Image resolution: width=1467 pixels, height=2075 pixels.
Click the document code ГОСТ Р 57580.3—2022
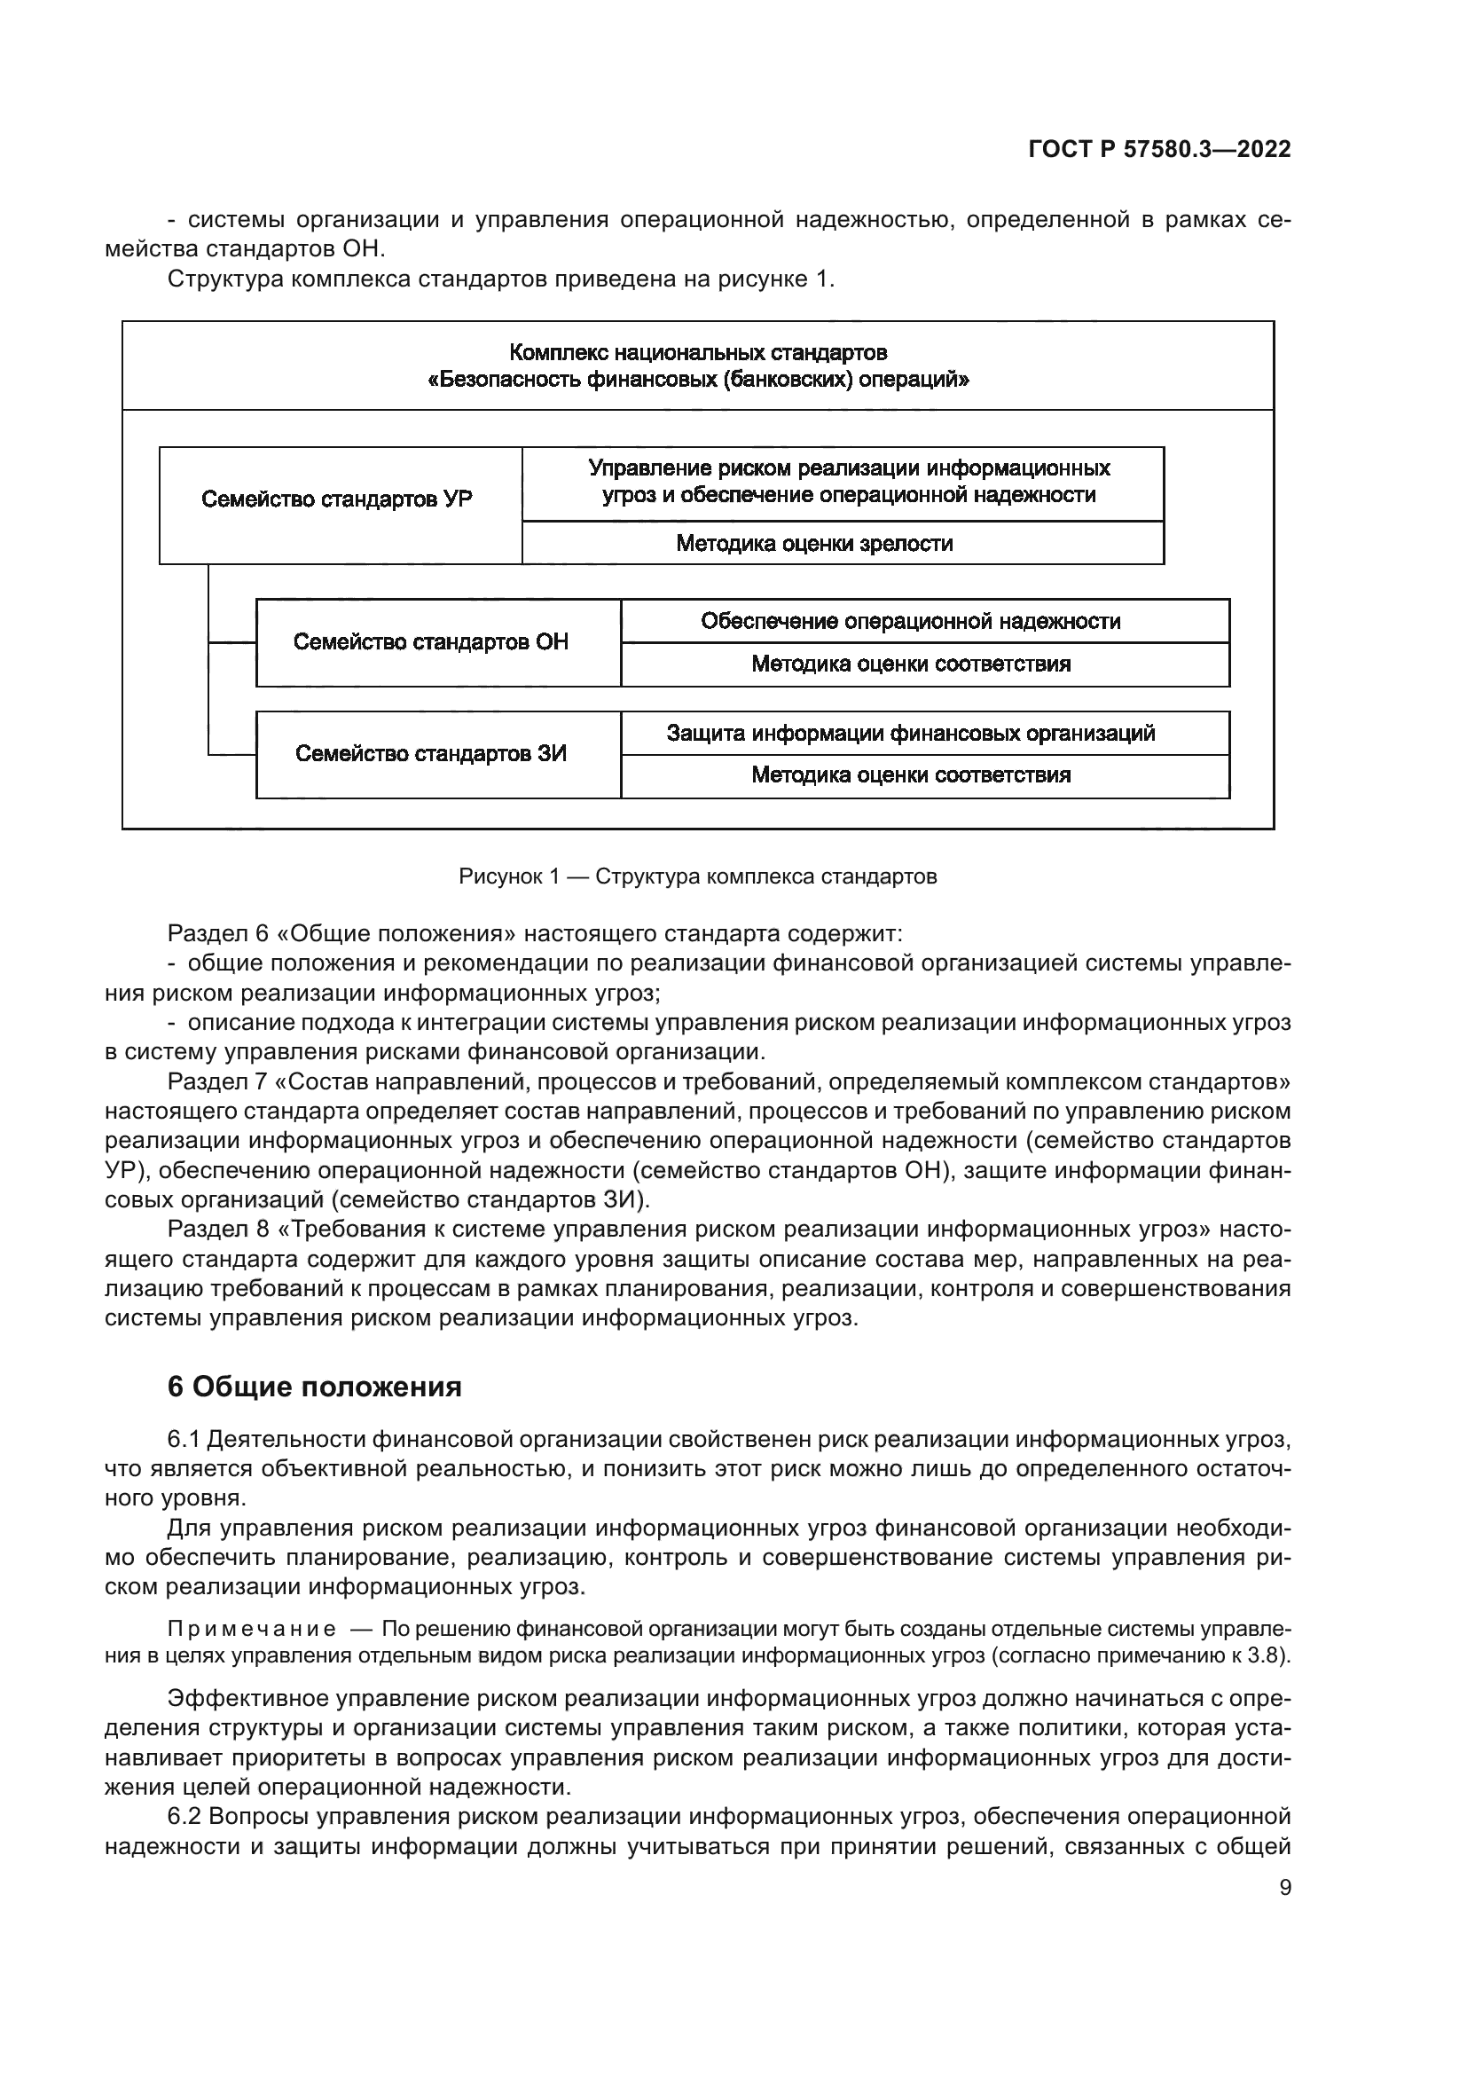1159,150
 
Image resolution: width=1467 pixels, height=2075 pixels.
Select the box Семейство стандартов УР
337,499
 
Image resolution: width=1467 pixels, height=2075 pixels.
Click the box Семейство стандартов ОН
431,642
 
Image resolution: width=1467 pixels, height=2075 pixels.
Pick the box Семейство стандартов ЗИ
431,754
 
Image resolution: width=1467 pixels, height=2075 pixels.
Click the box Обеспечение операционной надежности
911,621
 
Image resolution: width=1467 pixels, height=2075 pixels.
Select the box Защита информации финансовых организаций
911,733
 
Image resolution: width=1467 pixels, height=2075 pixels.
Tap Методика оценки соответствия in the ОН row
911,664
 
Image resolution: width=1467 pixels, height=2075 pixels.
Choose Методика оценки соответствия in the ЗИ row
911,775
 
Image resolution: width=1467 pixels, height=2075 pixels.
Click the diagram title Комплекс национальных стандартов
697,352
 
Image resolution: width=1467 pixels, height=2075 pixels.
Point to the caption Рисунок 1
509,876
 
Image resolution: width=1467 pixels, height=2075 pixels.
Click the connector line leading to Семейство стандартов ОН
232,642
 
